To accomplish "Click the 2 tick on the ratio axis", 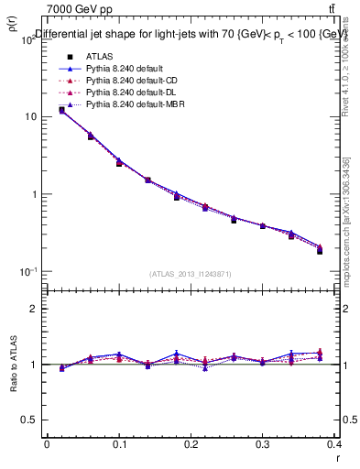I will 33,309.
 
